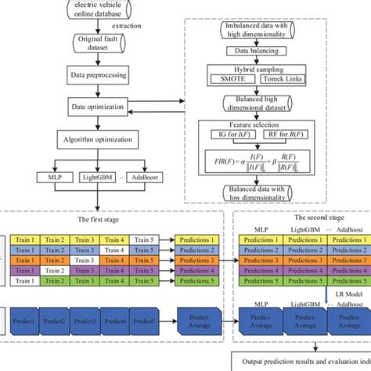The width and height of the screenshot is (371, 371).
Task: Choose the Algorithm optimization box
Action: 92,139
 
